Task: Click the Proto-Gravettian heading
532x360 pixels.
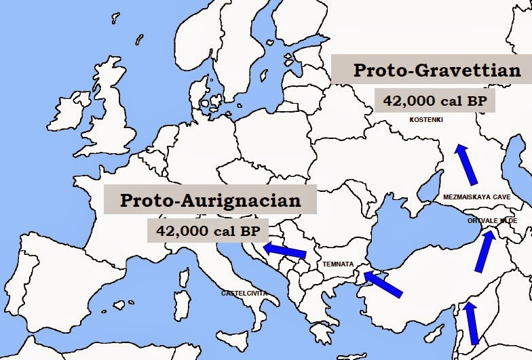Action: (x=437, y=71)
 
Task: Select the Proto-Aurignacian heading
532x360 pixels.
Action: (x=210, y=201)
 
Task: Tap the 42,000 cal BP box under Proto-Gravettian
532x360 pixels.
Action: (x=434, y=101)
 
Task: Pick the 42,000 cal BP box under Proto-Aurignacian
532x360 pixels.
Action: (x=207, y=231)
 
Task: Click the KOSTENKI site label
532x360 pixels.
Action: (x=426, y=120)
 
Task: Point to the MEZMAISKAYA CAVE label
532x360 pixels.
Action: (x=476, y=197)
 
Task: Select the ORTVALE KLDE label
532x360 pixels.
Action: (x=493, y=221)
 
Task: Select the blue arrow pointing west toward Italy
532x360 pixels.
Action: (x=284, y=250)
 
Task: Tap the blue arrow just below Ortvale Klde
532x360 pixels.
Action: (x=483, y=252)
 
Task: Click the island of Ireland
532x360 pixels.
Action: (x=68, y=113)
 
